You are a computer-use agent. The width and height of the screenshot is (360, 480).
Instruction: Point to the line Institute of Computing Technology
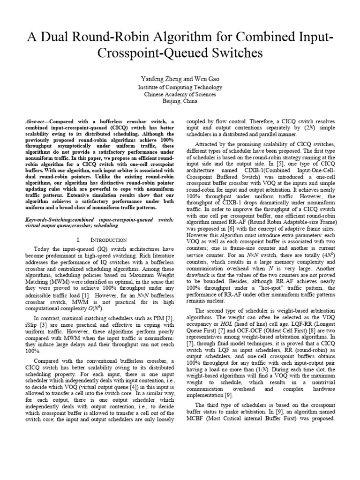pos(180,87)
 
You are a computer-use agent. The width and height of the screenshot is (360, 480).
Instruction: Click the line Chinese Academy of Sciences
pos(180,94)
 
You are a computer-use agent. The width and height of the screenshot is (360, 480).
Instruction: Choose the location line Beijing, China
pos(180,101)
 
